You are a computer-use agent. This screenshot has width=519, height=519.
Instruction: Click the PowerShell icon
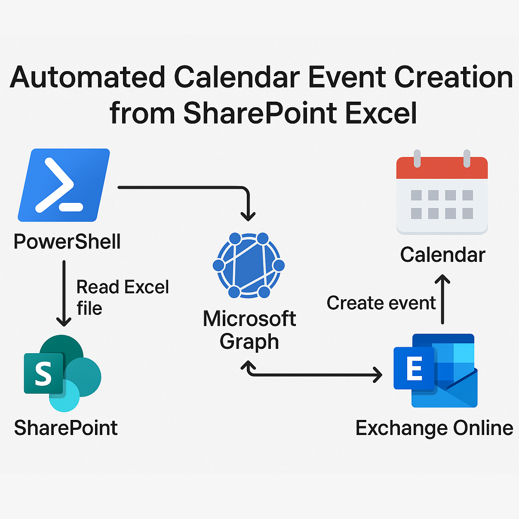click(64, 185)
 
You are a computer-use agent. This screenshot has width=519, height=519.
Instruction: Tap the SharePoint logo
click(62, 373)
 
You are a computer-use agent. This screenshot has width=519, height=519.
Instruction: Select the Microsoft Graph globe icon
click(249, 265)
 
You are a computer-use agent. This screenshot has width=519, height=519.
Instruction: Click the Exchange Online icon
click(435, 370)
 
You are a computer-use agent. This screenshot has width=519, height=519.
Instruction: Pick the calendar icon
click(442, 192)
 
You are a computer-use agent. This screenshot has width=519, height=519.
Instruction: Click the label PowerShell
click(67, 241)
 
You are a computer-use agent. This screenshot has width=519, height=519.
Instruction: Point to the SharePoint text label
click(66, 428)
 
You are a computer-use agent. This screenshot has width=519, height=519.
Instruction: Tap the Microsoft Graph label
click(249, 330)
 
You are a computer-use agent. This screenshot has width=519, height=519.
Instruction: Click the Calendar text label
click(443, 255)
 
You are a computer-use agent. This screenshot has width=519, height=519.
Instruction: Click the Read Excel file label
click(123, 297)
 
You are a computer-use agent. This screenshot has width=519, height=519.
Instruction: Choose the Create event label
click(381, 302)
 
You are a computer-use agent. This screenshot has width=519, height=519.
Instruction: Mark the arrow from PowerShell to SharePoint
click(64, 293)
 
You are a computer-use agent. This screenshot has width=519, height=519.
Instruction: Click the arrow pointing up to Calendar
click(442, 299)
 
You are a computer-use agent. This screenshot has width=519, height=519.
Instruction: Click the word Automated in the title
click(87, 77)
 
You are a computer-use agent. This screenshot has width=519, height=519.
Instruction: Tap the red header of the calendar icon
click(442, 168)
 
